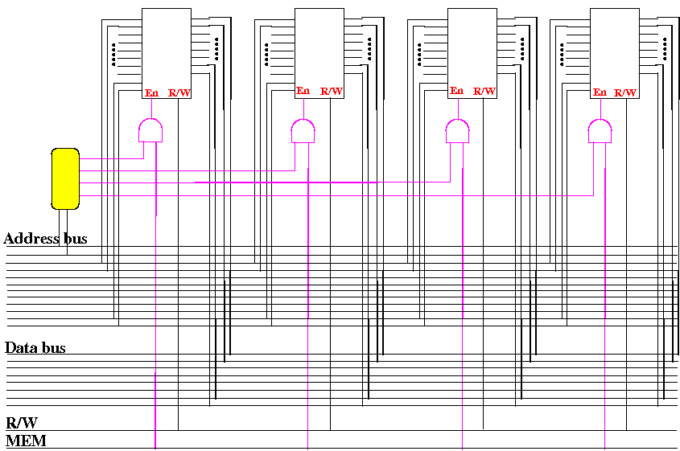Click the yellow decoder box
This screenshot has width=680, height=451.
click(65, 178)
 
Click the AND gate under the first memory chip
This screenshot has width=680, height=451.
click(150, 130)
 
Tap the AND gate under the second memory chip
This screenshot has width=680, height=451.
click(302, 130)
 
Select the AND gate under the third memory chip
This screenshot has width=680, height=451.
click(457, 130)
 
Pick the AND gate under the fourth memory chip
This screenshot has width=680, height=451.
click(600, 130)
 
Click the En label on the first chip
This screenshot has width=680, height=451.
click(151, 92)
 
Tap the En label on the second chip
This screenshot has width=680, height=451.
click(303, 91)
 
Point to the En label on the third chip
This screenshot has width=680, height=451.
click(457, 91)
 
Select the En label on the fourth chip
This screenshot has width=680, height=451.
click(600, 92)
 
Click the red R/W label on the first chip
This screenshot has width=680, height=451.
click(179, 92)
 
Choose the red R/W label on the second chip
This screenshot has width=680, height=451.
click(332, 92)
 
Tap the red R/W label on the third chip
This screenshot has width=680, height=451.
click(484, 92)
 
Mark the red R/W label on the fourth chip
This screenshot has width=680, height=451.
click(625, 92)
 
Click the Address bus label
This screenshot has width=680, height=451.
click(46, 239)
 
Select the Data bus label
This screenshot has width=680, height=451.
click(35, 348)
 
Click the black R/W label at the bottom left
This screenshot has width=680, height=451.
click(22, 423)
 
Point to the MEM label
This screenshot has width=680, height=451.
click(26, 441)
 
